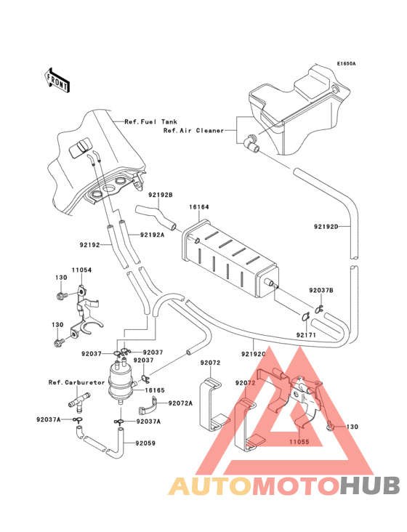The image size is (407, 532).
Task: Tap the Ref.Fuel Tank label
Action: (150, 121)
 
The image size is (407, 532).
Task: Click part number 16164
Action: (200, 207)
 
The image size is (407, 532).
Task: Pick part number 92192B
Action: (160, 195)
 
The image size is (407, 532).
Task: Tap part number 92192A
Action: (153, 234)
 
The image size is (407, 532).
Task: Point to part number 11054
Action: (81, 270)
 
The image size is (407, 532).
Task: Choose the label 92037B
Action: (321, 290)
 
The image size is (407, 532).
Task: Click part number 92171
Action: (306, 334)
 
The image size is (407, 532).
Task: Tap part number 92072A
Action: (181, 403)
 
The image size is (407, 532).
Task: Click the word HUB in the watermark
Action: (370, 485)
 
